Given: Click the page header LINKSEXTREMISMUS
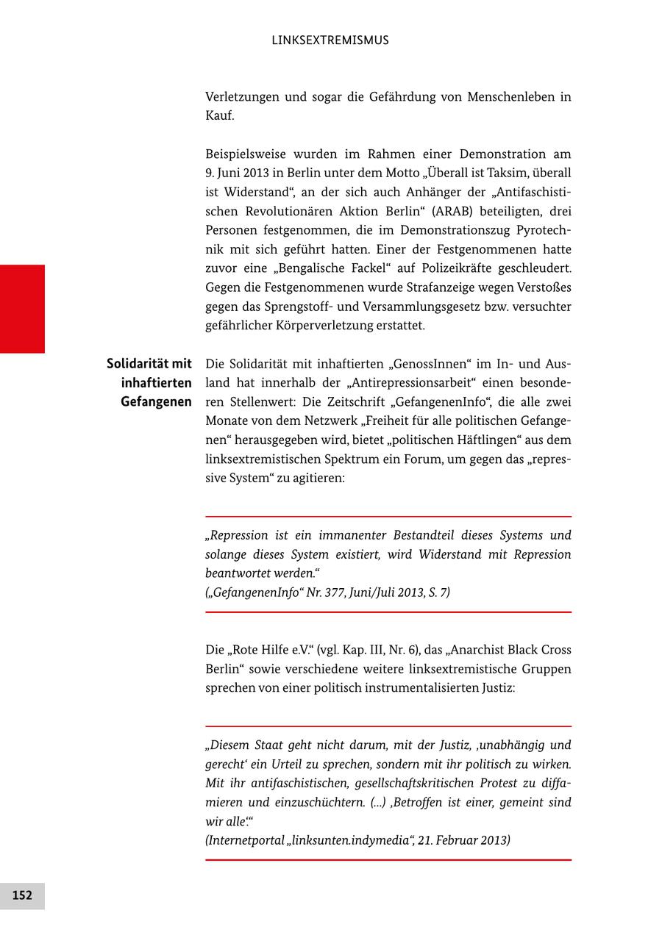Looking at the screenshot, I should click(x=330, y=40).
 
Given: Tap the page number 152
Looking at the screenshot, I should click(x=22, y=895).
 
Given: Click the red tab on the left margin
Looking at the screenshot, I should click(x=22, y=309).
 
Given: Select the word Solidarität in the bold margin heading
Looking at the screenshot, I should click(x=138, y=364).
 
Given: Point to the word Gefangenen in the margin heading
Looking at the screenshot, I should click(x=157, y=402).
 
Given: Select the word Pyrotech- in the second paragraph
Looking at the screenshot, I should click(x=538, y=230).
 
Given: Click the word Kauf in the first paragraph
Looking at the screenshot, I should click(x=219, y=115).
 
